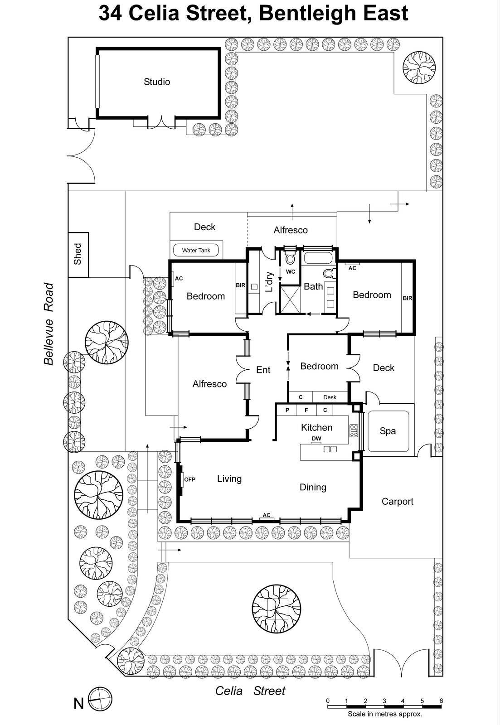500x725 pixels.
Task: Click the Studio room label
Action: pos(157,82)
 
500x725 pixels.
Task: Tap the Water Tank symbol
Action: pos(196,250)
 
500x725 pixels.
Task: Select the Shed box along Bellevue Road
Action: pos(78,254)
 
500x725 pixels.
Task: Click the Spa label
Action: pos(388,431)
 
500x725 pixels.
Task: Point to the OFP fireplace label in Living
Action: pos(189,479)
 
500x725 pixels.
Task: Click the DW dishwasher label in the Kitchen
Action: pos(316,439)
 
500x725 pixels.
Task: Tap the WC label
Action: pos(291,272)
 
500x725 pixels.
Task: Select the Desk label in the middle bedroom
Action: pos(330,397)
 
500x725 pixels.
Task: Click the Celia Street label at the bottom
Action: pos(250,691)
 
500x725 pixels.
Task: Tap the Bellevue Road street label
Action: pos(49,324)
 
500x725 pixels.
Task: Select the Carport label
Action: pos(397,501)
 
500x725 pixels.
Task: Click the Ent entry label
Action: pos(263,370)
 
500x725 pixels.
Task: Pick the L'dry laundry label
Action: pos(269,282)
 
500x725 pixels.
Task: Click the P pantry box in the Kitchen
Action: pos(287,410)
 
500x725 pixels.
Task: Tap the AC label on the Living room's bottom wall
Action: pos(267,515)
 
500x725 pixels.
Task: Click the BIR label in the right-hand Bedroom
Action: pos(407,298)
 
